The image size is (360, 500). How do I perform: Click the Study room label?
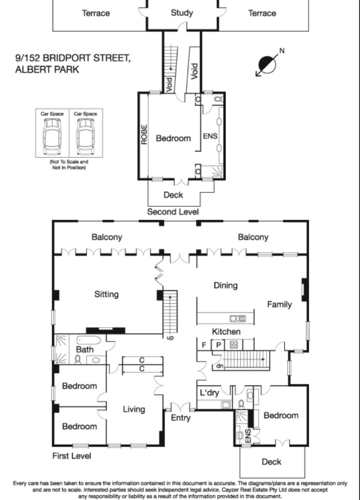(x=182, y=13)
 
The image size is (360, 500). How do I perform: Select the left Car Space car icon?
(x=52, y=136)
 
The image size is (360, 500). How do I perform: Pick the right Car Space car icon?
(x=85, y=136)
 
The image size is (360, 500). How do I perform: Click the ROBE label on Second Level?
(x=144, y=134)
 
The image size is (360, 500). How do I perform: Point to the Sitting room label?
(x=106, y=294)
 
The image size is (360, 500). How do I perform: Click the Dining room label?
(x=226, y=285)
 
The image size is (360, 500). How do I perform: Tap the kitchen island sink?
(x=238, y=318)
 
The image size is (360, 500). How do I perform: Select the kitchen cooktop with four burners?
(x=233, y=345)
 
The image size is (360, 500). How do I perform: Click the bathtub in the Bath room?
(x=88, y=339)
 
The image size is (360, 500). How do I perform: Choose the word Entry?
(x=180, y=418)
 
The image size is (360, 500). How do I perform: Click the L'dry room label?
(x=210, y=393)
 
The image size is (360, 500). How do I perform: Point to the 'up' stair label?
(x=170, y=338)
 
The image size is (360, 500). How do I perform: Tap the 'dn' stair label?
(x=220, y=366)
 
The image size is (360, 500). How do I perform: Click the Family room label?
(x=279, y=305)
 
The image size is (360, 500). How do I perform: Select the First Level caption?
(x=72, y=456)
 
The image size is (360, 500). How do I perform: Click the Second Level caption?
(x=173, y=212)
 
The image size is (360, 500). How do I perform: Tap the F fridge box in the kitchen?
(x=204, y=345)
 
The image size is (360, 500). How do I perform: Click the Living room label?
(x=134, y=409)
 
